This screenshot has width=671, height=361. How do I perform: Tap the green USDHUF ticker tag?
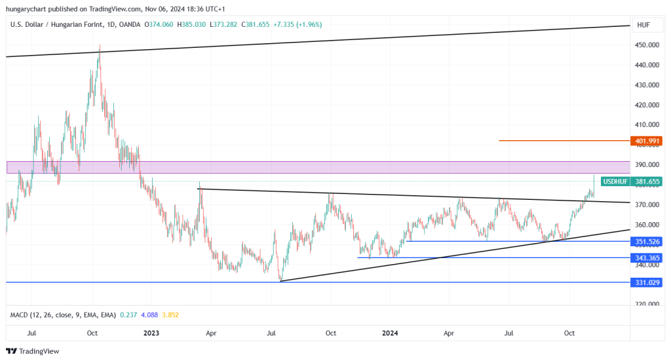click(x=616, y=181)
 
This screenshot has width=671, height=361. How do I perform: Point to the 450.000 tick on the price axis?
click(x=646, y=45)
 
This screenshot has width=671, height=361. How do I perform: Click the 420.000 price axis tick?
click(x=646, y=105)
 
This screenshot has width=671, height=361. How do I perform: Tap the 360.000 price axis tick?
click(x=646, y=225)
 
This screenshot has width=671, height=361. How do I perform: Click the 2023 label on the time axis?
click(x=151, y=333)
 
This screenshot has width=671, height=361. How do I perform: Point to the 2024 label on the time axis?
click(x=390, y=333)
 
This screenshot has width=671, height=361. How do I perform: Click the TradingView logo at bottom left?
click(x=33, y=351)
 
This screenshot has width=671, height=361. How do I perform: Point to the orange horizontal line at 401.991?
click(x=564, y=140)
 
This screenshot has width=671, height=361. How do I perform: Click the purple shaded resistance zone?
click(x=315, y=167)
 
